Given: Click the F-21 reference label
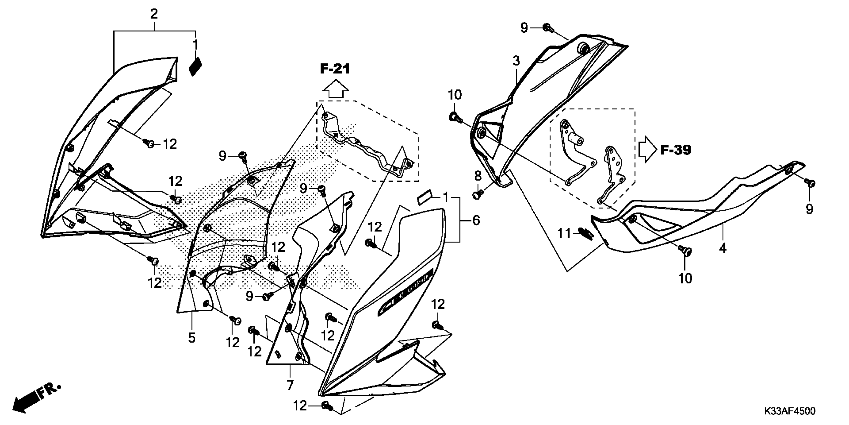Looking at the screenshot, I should (335, 69).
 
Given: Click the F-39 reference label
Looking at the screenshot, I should (676, 150).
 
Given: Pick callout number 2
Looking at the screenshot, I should (154, 14).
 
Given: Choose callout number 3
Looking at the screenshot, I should (516, 61).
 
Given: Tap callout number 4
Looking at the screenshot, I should (722, 248).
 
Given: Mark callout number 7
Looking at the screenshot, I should (290, 385).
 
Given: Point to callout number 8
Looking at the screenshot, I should (478, 176).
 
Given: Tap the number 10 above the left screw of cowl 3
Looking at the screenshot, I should (455, 95).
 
